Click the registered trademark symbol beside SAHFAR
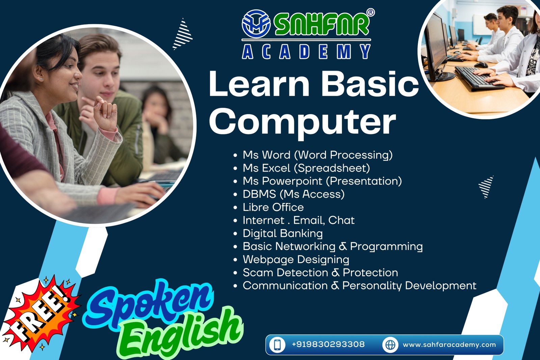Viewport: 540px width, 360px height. click(371, 12)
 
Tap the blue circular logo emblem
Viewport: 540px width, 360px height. click(256, 24)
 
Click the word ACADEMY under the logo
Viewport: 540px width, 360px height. click(306, 51)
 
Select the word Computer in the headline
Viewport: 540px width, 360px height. click(302, 122)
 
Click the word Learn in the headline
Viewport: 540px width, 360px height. click(259, 84)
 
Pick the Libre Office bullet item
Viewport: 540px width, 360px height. click(273, 207)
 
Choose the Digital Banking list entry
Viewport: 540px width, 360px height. click(282, 233)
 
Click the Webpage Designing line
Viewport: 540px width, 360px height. click(296, 260)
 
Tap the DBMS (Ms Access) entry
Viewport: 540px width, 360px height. click(294, 194)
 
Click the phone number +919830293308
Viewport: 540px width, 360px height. click(328, 344)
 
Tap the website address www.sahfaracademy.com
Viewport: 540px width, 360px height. click(449, 345)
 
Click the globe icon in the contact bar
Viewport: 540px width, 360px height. click(390, 345)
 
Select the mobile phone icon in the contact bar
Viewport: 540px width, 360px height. click(277, 345)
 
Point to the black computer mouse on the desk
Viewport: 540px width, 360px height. click(481, 65)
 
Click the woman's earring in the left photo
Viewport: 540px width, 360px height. click(41, 79)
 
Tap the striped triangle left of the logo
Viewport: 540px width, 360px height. click(183, 34)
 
